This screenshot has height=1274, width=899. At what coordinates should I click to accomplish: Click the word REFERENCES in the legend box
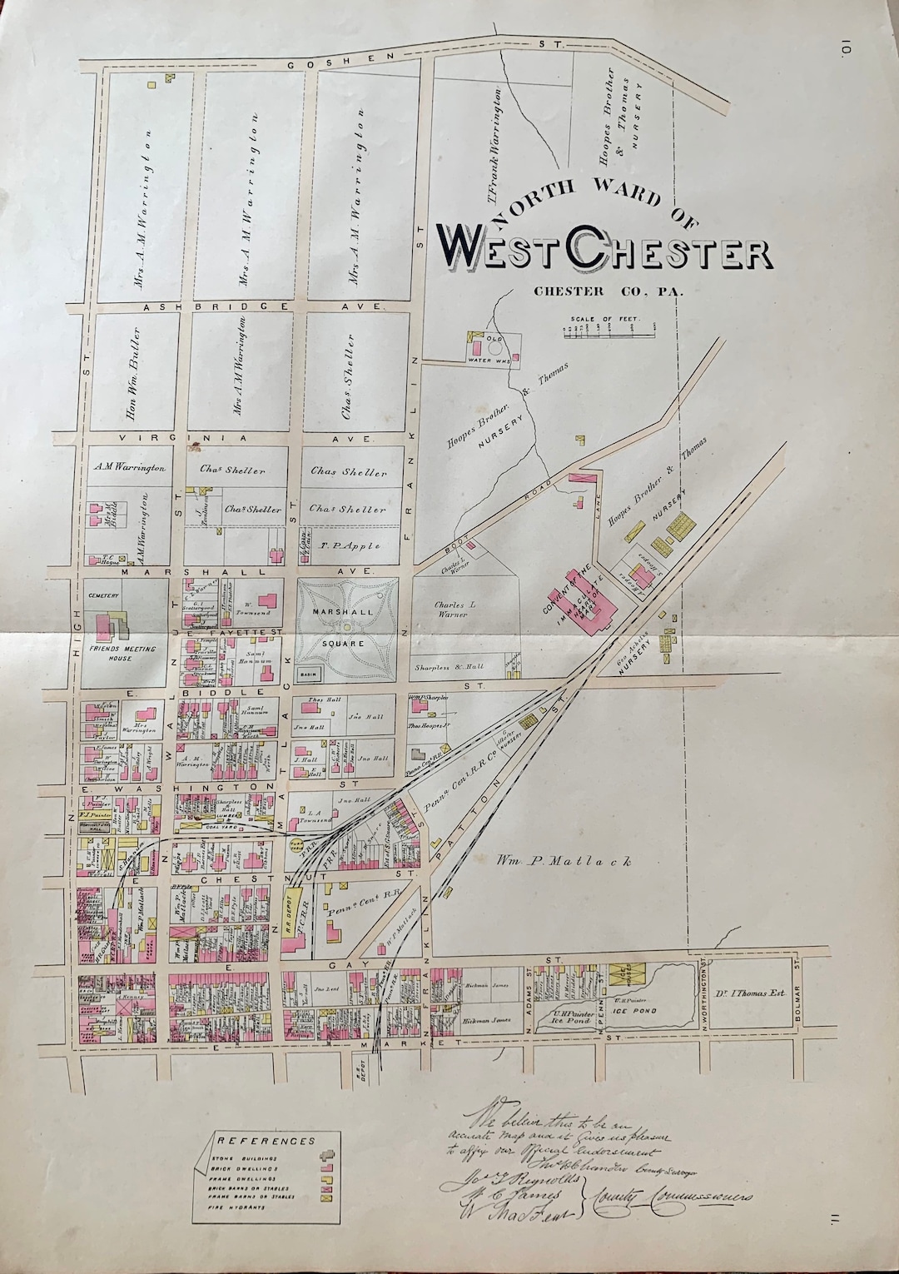click(x=266, y=1140)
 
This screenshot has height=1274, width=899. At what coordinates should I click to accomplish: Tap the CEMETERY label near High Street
click(x=105, y=595)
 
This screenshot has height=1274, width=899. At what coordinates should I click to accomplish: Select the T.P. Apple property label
click(x=350, y=546)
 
